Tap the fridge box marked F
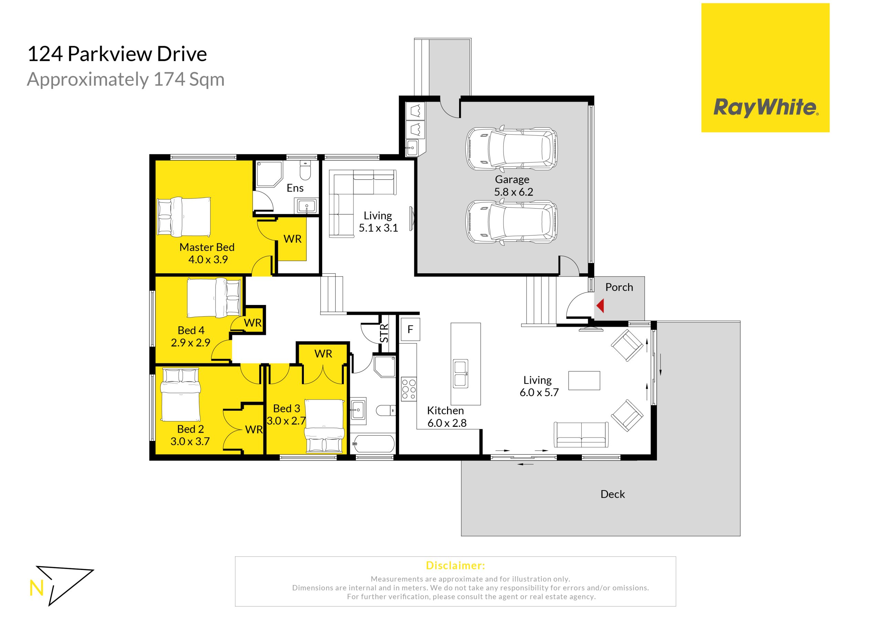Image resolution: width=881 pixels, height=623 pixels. click(x=410, y=329)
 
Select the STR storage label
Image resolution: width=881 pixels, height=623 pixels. click(x=384, y=333)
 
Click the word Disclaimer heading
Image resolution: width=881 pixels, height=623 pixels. click(x=455, y=566)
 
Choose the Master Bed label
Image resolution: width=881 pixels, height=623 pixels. click(x=207, y=247)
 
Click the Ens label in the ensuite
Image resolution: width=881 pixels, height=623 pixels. click(x=295, y=188)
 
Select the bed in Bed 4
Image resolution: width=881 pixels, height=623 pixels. click(x=214, y=297)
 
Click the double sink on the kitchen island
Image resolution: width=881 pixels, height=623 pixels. click(x=460, y=373)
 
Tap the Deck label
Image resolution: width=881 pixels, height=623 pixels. click(x=613, y=494)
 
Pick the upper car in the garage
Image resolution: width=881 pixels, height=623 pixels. click(x=511, y=149)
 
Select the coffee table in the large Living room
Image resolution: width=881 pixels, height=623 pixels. click(x=584, y=381)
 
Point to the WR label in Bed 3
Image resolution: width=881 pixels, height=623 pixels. click(x=323, y=354)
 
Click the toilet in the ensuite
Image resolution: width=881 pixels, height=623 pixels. click(x=306, y=170)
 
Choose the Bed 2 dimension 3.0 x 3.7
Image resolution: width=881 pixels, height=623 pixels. click(x=190, y=442)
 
